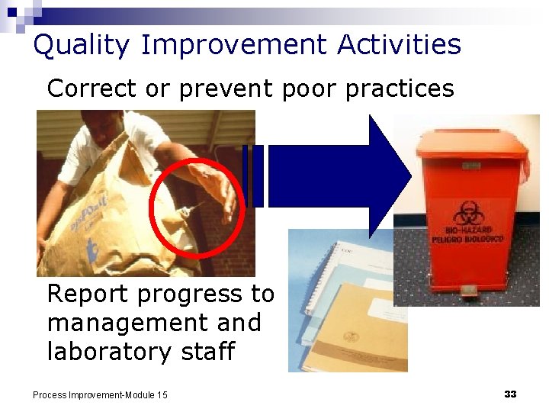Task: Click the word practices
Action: point(400,89)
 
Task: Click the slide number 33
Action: point(510,394)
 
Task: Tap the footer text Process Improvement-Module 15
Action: point(100,394)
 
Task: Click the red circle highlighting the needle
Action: point(197,208)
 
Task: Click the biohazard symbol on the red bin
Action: point(466,213)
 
